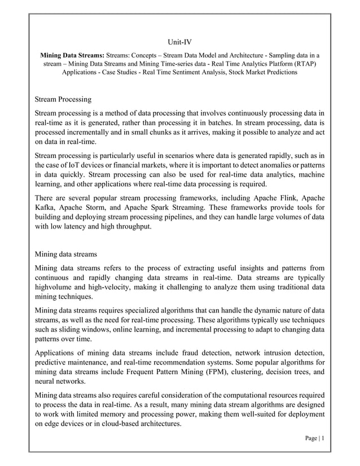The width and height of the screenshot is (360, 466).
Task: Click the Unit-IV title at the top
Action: [180, 42]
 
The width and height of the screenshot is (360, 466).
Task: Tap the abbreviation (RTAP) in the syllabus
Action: [304, 64]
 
